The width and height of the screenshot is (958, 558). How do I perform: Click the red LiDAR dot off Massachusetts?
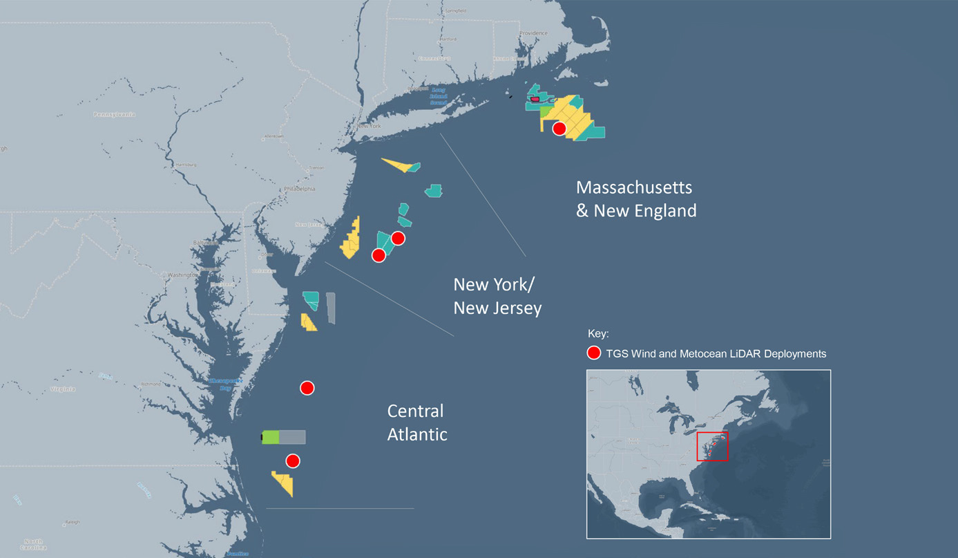[559, 129]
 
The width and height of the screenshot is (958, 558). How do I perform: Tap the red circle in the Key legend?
[593, 353]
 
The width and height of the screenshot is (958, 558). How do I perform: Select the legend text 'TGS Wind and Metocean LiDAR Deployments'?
[716, 353]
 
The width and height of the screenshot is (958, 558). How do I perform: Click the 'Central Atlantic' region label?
[416, 422]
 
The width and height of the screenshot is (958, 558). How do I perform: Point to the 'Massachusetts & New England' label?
[636, 199]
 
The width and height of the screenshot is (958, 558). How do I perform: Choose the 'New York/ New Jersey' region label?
[497, 296]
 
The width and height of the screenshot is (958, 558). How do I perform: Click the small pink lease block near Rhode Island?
[535, 100]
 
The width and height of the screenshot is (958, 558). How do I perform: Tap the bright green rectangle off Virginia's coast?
[271, 437]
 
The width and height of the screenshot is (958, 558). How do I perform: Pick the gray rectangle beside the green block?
[292, 437]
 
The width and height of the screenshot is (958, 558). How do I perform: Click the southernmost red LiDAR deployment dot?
[293, 461]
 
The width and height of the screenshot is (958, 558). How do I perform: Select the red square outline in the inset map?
[712, 446]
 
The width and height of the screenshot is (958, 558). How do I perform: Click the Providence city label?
[533, 33]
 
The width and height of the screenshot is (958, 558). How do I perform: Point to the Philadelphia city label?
[299, 189]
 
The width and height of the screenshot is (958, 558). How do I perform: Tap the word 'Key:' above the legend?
[598, 333]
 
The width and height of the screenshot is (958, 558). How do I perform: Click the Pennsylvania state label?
[115, 114]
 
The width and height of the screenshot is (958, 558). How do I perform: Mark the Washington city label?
[182, 275]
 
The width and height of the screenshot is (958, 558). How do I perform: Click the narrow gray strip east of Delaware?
[331, 308]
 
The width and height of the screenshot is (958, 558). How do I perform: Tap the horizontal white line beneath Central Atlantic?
[340, 509]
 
